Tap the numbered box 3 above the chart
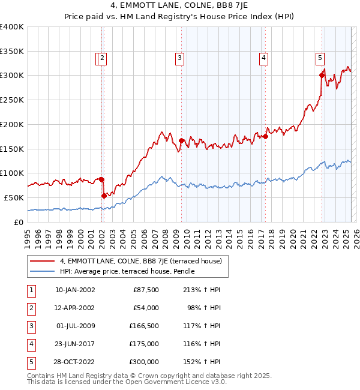(179, 58)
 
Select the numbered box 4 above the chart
(263, 58)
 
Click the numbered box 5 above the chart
(320, 58)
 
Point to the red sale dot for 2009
(181, 141)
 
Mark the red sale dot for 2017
(265, 136)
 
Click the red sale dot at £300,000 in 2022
(322, 75)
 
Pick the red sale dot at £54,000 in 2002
(104, 196)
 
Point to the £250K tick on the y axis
(12, 100)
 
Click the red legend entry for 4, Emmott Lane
(141, 261)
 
